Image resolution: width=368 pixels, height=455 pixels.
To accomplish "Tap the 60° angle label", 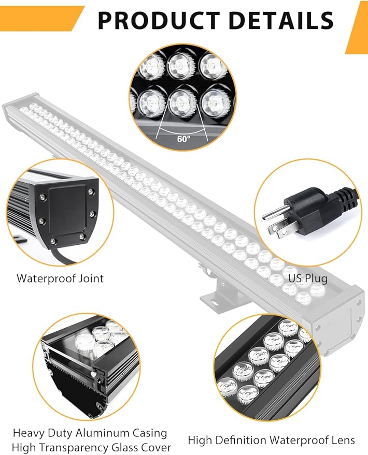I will click(184, 139).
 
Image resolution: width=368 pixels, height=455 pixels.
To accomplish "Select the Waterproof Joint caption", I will click(60, 278).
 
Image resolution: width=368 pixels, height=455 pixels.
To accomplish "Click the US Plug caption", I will click(308, 278).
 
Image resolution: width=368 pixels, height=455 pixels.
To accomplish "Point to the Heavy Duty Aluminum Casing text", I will click(90, 432).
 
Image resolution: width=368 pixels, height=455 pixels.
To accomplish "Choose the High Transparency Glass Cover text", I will click(92, 447).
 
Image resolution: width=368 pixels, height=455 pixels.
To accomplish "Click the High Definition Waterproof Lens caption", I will click(271, 441).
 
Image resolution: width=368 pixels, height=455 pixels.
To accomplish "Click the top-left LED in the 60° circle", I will click(151, 65).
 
